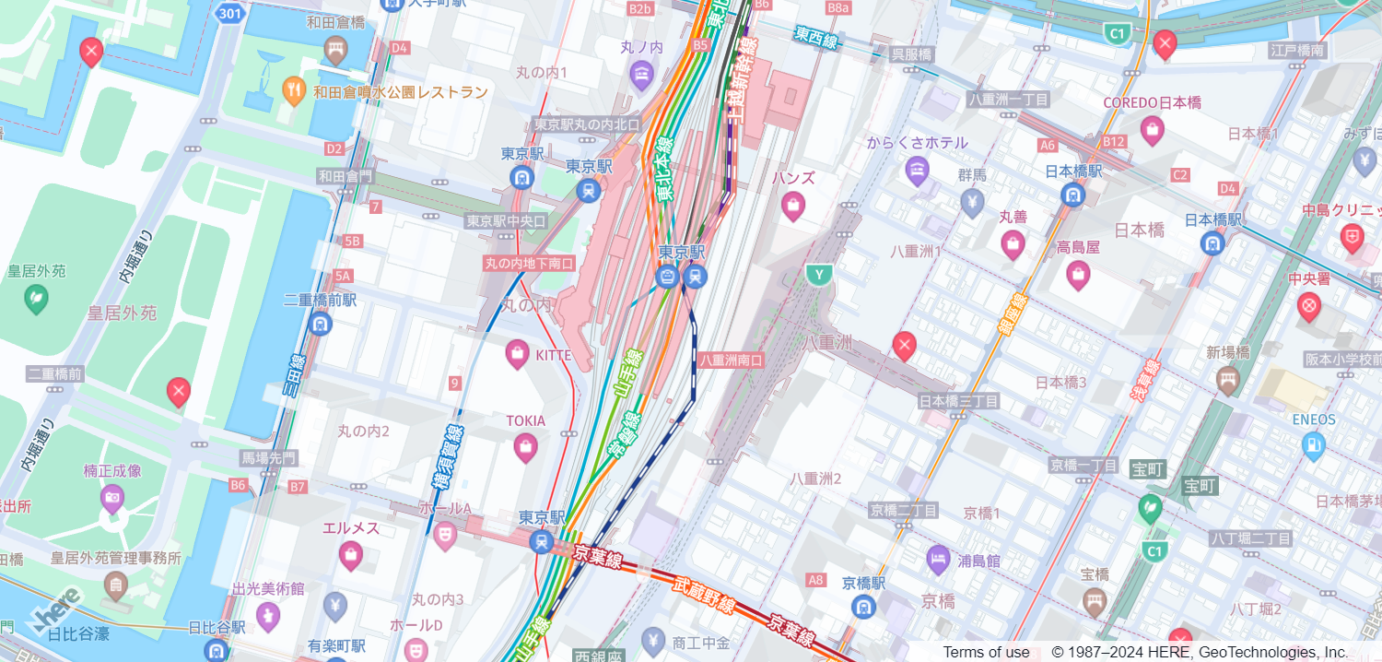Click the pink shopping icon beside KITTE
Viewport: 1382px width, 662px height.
coord(518,353)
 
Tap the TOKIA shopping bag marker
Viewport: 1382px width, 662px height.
coord(525,448)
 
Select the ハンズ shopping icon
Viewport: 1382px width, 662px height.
coord(792,206)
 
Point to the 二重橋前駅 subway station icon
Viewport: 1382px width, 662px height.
coord(320,324)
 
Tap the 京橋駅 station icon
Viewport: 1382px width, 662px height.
coord(863,606)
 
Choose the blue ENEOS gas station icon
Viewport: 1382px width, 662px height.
coord(1313,445)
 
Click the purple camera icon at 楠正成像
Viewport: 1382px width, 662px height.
coord(111,499)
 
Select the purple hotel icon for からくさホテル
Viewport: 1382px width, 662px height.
coord(917,169)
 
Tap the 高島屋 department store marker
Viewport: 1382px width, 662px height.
coord(1077,274)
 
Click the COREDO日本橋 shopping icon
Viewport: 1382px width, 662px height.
coord(1152,130)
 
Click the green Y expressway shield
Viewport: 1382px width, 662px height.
coord(817,274)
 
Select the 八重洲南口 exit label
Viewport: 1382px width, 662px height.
coord(731,361)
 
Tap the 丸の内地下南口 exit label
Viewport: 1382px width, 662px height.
coord(529,264)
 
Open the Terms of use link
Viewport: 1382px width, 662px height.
coord(986,652)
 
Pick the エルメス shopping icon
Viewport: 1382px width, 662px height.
coord(350,555)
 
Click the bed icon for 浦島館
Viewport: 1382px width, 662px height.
coord(938,559)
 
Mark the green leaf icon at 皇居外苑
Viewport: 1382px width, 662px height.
coord(36,298)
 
